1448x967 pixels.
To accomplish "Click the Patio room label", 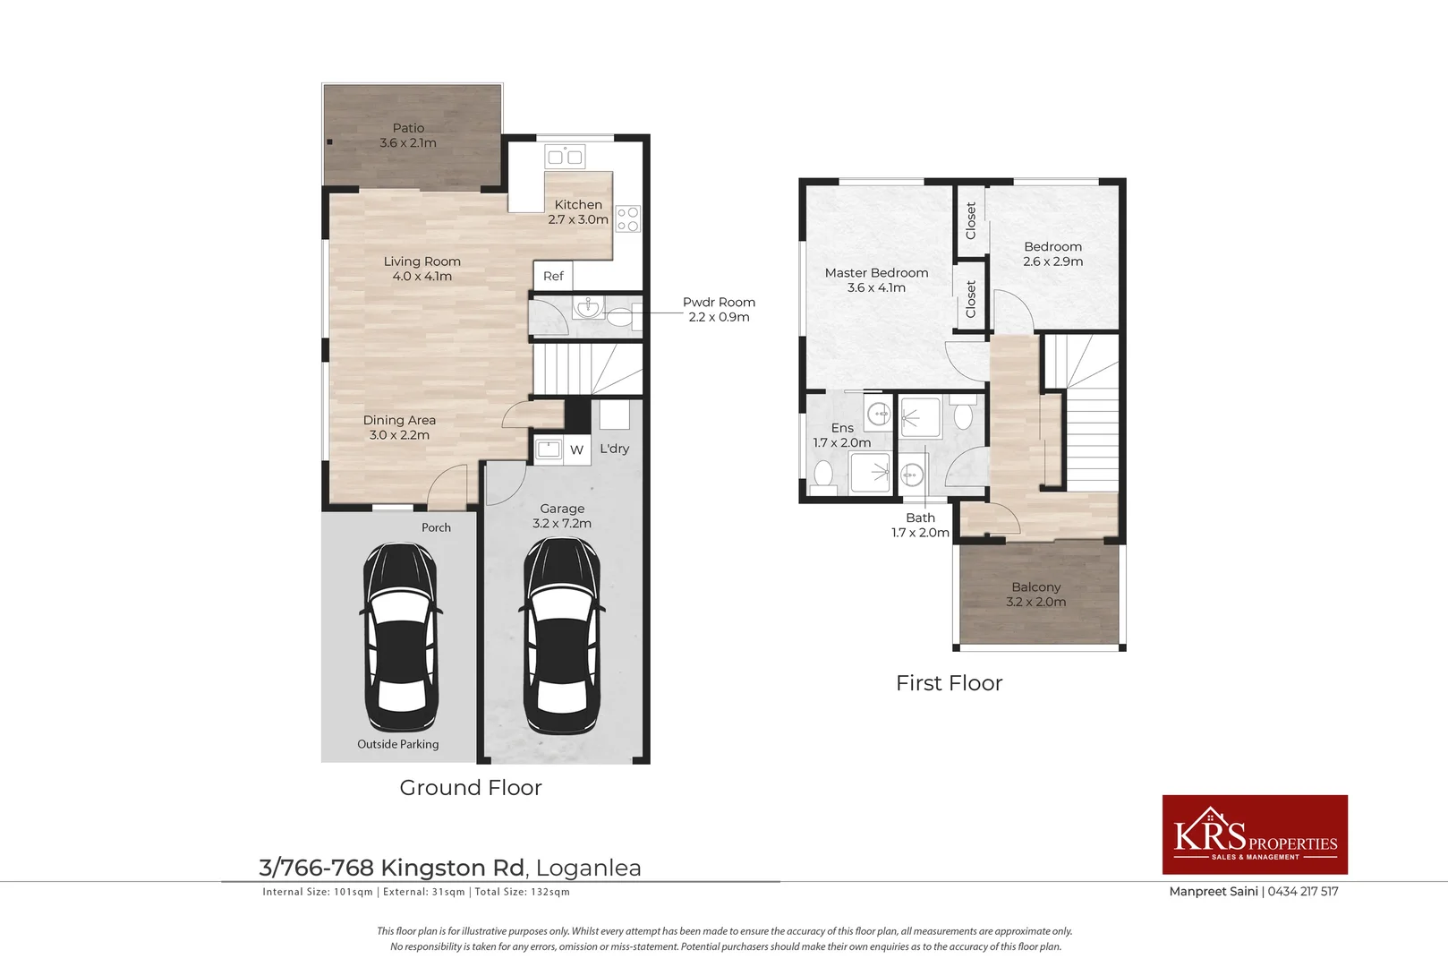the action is (408, 135).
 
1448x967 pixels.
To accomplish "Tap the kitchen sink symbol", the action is (565, 156).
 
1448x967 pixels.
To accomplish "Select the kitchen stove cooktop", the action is (627, 218).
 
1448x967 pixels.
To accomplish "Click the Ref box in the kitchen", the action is (553, 276).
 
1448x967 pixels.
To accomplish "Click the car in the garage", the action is (562, 636).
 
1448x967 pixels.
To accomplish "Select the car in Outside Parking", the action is (401, 638).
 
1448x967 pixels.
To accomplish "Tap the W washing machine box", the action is (576, 450).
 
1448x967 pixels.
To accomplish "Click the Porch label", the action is (437, 527).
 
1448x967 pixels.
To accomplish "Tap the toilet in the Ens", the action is (823, 476).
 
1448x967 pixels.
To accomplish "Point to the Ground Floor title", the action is (471, 787).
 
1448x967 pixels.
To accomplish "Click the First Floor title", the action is (949, 683).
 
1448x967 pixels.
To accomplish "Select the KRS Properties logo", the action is (1255, 834).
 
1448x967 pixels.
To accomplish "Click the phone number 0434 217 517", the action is (1302, 891).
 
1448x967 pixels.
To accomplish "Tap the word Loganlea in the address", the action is (589, 868).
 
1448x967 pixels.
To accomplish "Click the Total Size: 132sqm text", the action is (523, 892).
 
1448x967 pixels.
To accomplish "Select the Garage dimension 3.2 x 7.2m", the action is (562, 523).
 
